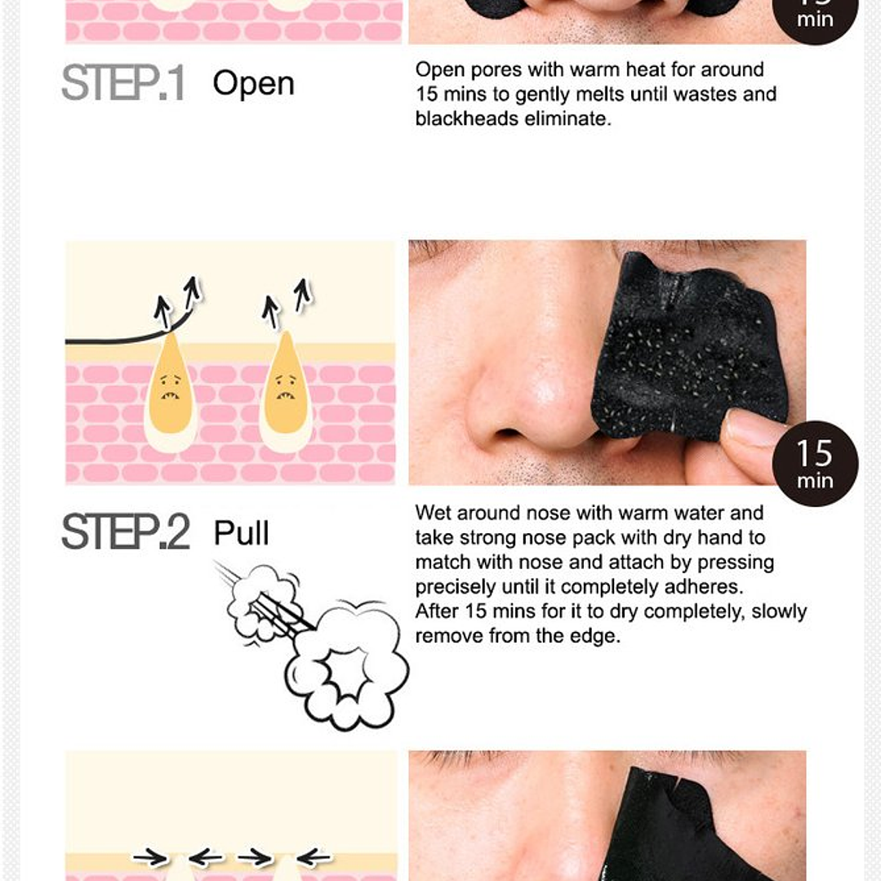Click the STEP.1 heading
[123, 83]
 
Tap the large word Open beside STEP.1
[253, 84]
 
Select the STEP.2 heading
[125, 532]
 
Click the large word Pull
[241, 532]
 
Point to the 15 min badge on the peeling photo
[815, 464]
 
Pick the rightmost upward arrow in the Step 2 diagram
[303, 295]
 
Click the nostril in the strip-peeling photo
[509, 434]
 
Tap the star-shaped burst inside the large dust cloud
[344, 673]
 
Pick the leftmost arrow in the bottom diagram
[150, 857]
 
